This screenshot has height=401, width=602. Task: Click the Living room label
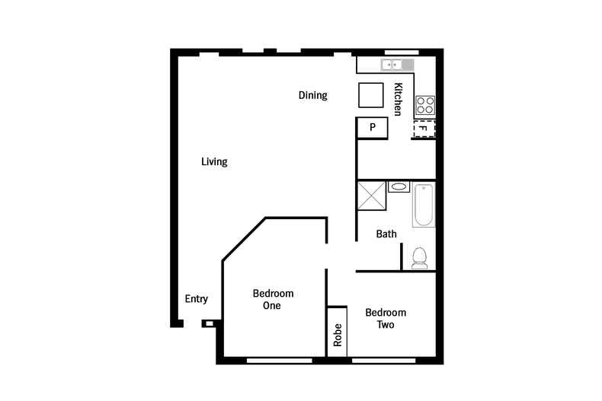pos(215,162)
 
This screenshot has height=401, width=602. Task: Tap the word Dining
pos(312,96)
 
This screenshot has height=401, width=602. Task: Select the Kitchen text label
pos(397,100)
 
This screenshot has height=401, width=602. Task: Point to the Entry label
pos(197,299)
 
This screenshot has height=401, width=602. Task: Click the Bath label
pos(386,234)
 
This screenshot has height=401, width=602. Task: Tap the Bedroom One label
pos(273,300)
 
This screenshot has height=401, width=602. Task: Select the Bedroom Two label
pos(386,318)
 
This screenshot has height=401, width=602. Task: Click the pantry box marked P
pos(373,128)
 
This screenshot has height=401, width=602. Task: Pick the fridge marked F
pos(424,129)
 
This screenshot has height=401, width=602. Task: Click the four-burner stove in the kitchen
pos(424,105)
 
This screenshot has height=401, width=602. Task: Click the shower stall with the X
pos(371,196)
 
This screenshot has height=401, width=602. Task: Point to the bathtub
pos(423,205)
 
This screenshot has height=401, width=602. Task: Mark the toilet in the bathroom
pos(419,258)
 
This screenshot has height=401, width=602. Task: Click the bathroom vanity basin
pos(399,186)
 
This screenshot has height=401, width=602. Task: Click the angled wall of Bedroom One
pos(242,240)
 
